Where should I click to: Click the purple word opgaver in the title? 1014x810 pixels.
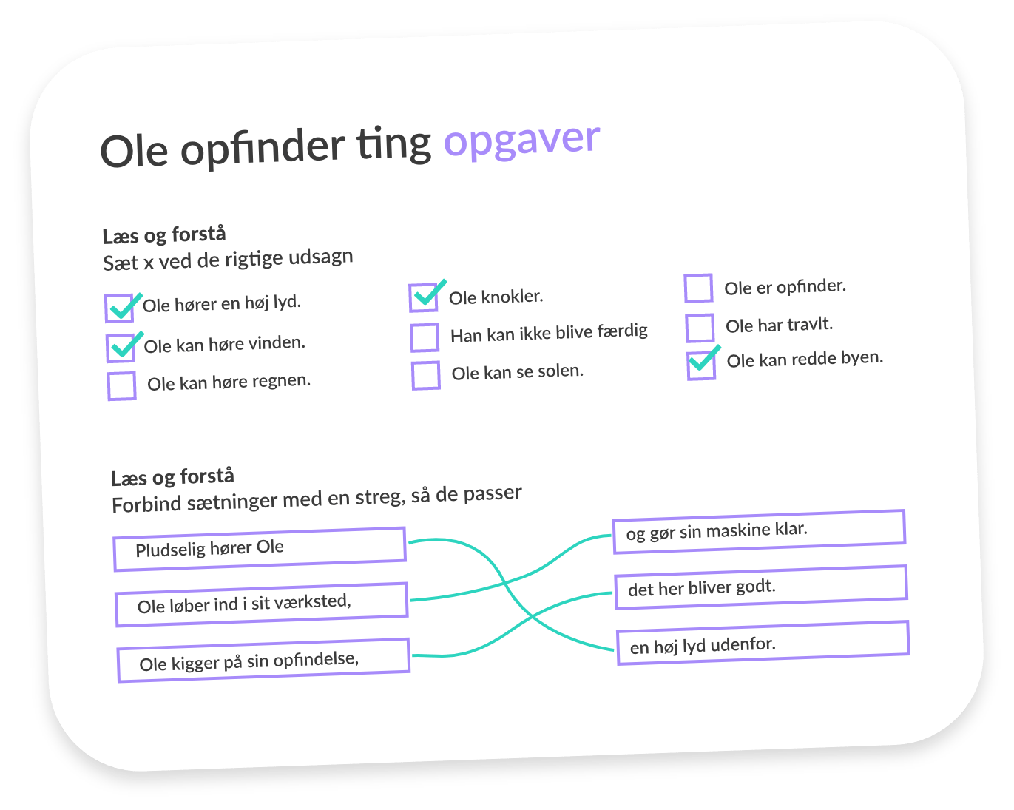521,140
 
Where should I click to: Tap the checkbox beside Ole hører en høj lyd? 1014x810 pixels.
119,308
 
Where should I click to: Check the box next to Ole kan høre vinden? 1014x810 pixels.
121,348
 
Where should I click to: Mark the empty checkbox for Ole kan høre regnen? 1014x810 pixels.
122,386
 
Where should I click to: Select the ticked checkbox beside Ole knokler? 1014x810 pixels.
424,297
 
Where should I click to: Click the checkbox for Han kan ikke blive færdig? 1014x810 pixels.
425,337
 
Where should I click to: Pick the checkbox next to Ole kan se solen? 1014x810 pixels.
426,375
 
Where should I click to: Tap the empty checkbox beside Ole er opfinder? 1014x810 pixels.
698,288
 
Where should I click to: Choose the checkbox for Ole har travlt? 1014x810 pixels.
700,328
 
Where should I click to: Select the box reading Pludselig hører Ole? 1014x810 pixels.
260,549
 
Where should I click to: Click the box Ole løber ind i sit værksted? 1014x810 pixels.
262,604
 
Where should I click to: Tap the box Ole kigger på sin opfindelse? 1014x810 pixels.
263,660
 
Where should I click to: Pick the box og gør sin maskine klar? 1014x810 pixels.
759,531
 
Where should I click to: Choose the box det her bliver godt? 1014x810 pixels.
761,587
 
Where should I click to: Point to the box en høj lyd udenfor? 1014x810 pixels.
763,643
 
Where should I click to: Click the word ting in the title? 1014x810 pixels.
393,145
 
